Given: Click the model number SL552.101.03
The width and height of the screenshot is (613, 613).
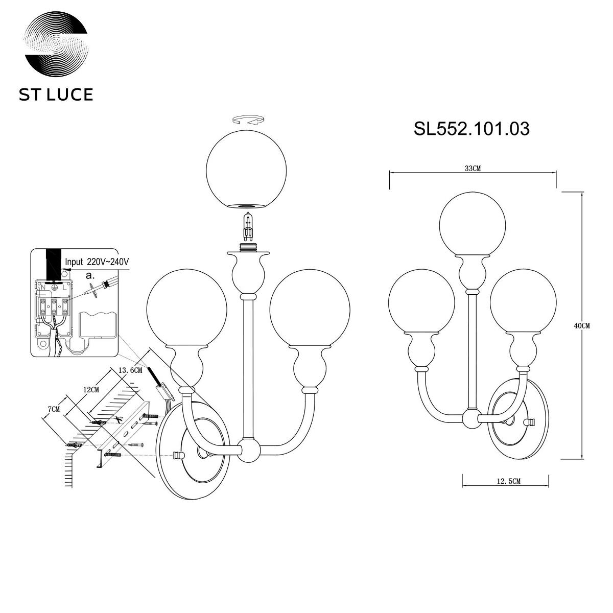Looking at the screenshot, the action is click(471, 129).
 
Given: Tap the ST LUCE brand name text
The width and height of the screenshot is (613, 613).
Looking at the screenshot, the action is click(56, 95).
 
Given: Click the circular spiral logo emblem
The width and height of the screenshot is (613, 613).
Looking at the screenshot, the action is click(56, 44).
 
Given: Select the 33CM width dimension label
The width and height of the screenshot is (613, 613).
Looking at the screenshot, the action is click(473, 168).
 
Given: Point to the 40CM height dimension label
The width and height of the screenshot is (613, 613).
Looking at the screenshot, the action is click(582, 326).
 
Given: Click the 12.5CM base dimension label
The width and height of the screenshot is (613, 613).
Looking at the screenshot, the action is click(509, 490).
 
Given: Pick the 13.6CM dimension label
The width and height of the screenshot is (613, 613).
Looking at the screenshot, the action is click(130, 370).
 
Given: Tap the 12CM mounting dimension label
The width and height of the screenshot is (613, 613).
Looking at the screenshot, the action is click(91, 390).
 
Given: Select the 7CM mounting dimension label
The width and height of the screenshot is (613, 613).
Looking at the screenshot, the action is click(54, 409).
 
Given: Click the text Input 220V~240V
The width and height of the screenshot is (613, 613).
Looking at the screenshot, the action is click(97, 262).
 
